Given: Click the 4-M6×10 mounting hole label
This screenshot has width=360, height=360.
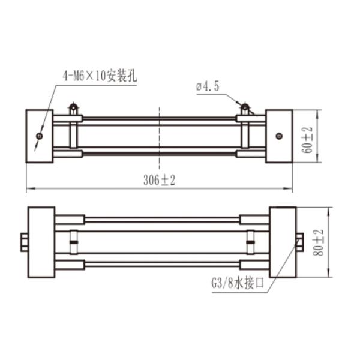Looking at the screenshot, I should (100, 77).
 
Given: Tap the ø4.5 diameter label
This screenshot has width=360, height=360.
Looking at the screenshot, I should (208, 87).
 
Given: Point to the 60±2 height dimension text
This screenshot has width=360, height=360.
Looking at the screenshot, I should (308, 139).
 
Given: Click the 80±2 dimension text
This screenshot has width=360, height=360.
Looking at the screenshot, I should (317, 242).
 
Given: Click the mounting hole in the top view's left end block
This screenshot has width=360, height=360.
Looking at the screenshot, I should (39, 136).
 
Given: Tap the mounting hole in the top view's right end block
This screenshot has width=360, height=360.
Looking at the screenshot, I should (279, 136).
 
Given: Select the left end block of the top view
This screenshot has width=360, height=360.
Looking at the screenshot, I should (39, 136).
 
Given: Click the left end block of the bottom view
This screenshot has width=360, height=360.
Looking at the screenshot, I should (41, 242).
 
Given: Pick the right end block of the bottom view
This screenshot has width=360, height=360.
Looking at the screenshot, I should (283, 242).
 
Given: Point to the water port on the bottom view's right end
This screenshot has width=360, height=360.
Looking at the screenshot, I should (299, 242).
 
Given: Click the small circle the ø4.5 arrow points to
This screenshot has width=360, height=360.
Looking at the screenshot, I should (245, 108).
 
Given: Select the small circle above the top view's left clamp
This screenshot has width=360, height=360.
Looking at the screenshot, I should (73, 108).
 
